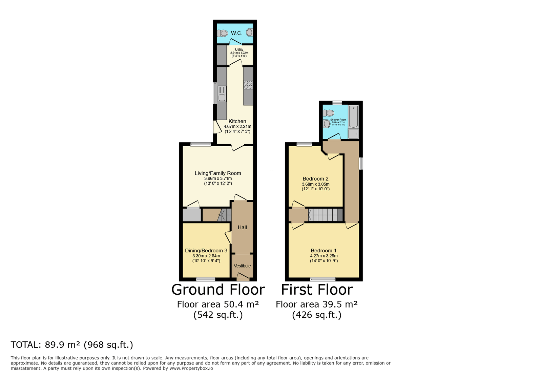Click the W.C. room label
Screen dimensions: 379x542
click(236, 33)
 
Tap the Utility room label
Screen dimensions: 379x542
click(239, 50)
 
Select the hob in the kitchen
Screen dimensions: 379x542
click(248, 84)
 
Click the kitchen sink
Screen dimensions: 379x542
click(222, 94)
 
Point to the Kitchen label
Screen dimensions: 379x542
click(237, 121)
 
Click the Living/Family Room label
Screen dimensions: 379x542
click(218, 173)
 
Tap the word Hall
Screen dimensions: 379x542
click(242, 227)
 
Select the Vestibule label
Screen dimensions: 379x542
click(242, 266)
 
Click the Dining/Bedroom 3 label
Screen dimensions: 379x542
click(206, 251)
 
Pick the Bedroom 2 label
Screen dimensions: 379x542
click(315, 179)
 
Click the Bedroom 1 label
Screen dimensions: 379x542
click(324, 251)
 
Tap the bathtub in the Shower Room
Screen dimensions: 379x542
click(353, 116)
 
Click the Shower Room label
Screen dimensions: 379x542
click(338, 120)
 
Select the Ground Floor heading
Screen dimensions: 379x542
click(218, 290)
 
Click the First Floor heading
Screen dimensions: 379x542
click(317, 290)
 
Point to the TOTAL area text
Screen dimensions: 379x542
click(72, 345)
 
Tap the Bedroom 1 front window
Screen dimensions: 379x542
click(323, 279)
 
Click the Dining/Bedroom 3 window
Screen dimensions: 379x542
click(206, 279)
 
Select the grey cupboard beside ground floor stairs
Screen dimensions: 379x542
click(192, 214)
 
